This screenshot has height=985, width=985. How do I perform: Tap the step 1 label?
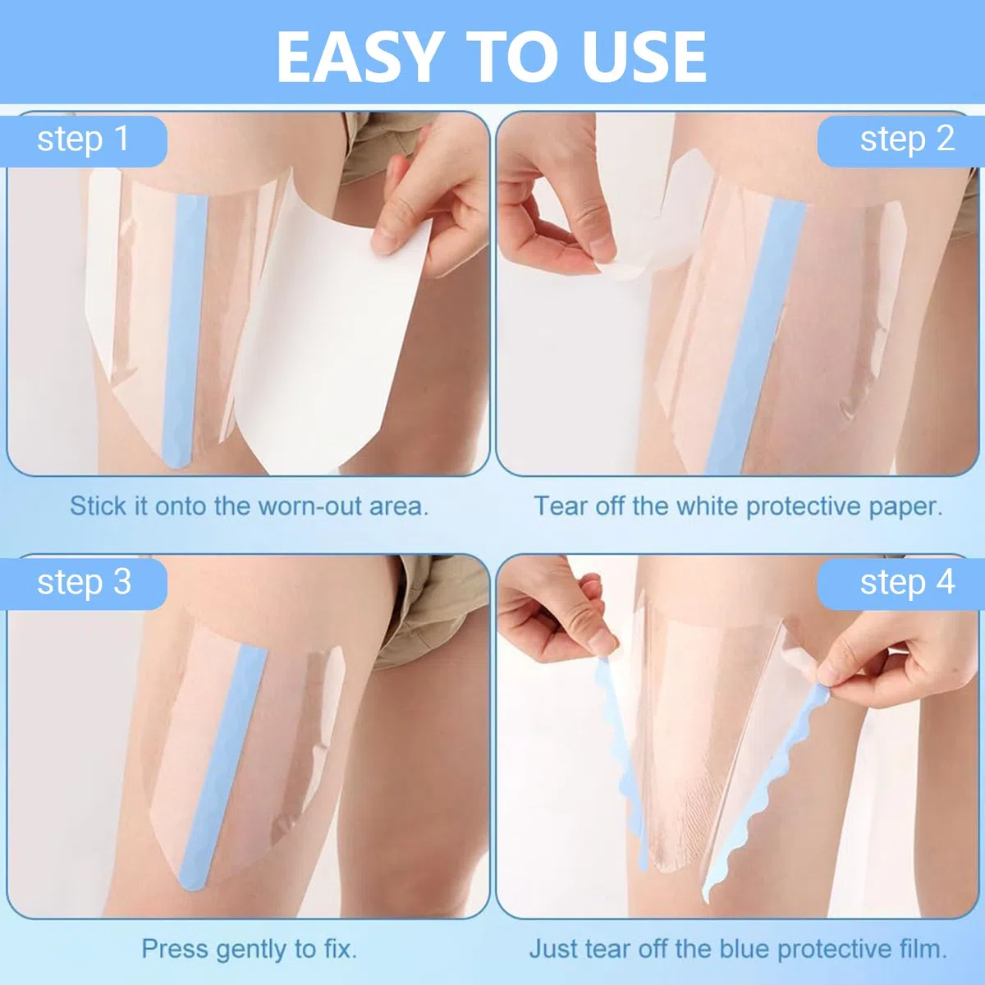click(x=84, y=140)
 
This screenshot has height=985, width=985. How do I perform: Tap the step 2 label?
click(x=907, y=140)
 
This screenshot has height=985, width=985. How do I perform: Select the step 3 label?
click(x=85, y=584)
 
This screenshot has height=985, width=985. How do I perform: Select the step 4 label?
click(x=907, y=584)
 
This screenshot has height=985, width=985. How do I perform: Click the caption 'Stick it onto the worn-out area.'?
click(x=249, y=506)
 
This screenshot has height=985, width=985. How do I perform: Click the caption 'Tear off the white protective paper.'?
click(x=738, y=506)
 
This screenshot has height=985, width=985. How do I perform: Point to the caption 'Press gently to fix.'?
click(x=249, y=949)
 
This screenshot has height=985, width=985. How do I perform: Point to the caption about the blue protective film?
click(x=738, y=949)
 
